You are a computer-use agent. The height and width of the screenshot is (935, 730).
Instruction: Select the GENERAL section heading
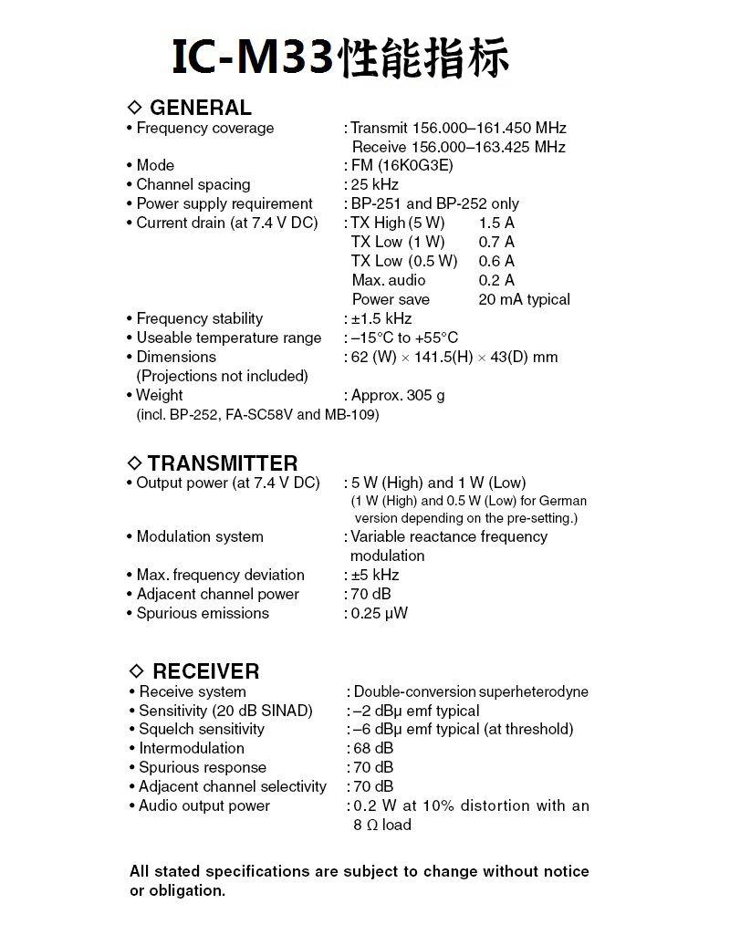click(x=200, y=108)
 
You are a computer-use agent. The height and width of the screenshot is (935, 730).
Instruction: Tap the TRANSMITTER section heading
click(x=222, y=463)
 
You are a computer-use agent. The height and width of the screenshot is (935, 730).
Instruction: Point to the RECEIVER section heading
click(x=205, y=671)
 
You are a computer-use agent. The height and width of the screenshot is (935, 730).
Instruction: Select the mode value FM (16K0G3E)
click(x=401, y=166)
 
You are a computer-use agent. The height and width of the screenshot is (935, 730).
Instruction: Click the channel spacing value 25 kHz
click(x=375, y=185)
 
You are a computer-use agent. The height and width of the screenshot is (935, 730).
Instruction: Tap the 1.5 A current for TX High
click(x=496, y=223)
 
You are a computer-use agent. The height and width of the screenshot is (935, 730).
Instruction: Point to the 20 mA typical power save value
click(x=524, y=300)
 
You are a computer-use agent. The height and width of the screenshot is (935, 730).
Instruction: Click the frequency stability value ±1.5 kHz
click(x=381, y=319)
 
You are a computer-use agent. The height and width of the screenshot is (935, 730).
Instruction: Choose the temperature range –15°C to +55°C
click(x=404, y=338)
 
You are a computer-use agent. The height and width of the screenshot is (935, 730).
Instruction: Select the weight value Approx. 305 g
click(x=398, y=396)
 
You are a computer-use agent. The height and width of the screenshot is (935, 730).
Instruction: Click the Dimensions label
click(x=176, y=358)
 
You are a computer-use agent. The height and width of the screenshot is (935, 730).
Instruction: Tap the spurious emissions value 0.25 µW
click(x=380, y=614)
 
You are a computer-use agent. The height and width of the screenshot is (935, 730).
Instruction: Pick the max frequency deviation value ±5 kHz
click(x=375, y=576)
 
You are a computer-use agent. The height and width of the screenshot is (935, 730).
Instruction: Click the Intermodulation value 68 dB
click(x=373, y=749)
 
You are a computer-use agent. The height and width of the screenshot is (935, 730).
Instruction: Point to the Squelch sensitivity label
click(x=202, y=730)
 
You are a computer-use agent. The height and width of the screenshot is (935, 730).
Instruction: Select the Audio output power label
click(x=204, y=806)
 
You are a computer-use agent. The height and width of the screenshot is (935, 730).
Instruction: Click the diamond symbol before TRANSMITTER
click(x=136, y=463)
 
